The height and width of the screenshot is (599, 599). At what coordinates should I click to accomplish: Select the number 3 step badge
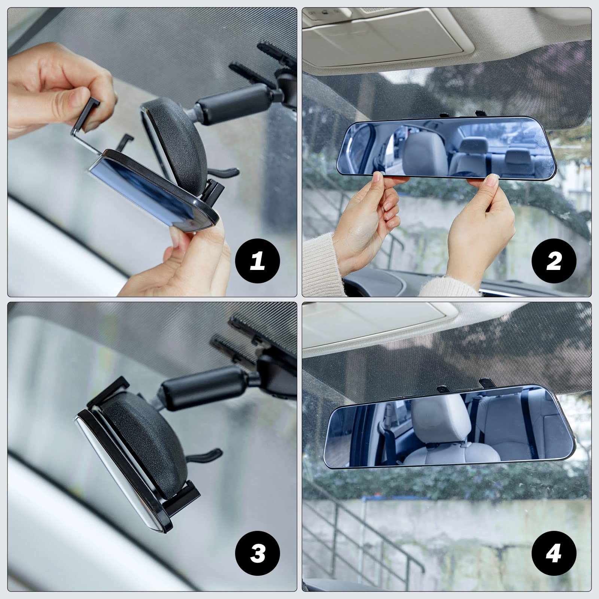point(258,553)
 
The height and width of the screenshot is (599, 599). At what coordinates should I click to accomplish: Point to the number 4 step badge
point(554,553)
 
